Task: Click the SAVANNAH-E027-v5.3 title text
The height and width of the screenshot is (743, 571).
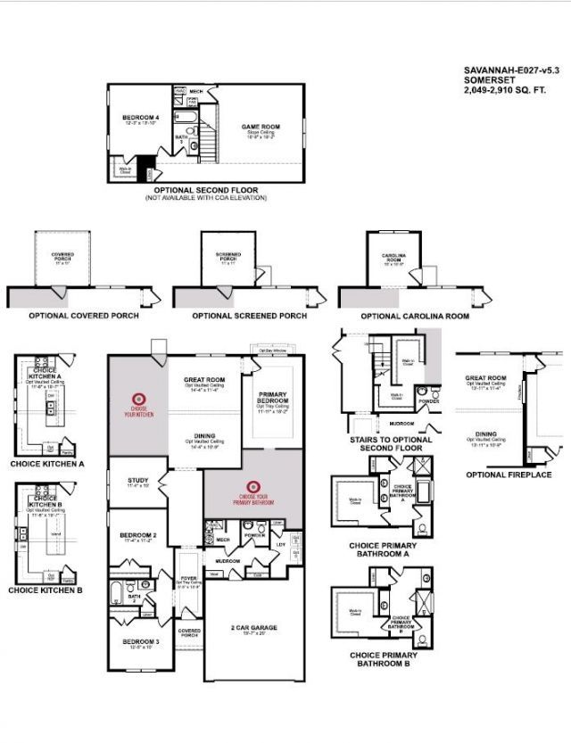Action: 511,69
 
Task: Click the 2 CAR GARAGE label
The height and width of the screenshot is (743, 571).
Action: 254,627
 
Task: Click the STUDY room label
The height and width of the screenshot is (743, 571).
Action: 138,479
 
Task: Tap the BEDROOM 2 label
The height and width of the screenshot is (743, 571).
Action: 137,535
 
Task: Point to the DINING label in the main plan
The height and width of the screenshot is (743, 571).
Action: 204,436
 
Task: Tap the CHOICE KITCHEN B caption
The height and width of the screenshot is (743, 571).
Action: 46,590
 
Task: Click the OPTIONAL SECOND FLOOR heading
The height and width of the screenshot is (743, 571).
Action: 205,190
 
